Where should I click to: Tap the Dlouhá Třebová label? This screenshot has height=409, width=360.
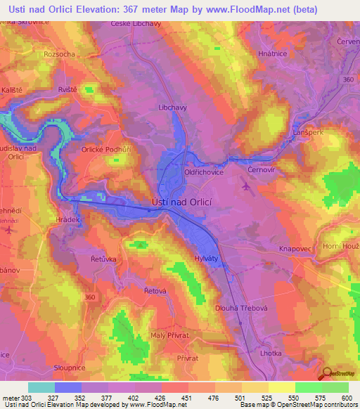(241, 308)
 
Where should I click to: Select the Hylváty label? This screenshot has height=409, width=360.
(206, 259)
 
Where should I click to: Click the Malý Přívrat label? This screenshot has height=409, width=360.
(170, 335)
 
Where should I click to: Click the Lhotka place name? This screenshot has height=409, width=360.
(271, 353)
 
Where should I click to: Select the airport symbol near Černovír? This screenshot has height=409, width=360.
(244, 186)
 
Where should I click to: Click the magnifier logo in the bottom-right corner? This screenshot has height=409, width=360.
(327, 373)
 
